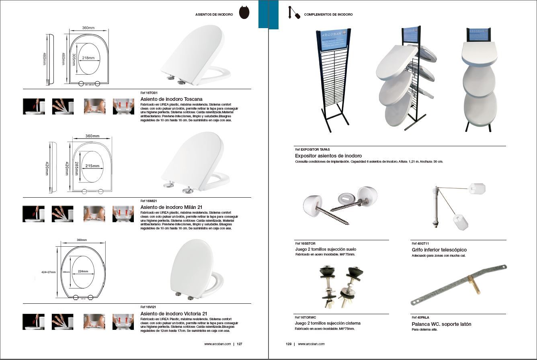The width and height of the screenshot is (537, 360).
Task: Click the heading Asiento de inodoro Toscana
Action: coord(171,99)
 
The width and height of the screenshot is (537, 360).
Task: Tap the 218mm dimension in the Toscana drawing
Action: coord(88,58)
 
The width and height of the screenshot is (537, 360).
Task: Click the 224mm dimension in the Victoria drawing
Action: coord(83,271)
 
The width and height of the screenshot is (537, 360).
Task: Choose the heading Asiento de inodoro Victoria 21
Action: coord(174,313)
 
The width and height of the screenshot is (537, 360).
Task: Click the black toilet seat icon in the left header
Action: coord(244,12)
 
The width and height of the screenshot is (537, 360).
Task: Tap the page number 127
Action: coord(239,344)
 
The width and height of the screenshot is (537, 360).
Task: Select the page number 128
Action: coord(288,344)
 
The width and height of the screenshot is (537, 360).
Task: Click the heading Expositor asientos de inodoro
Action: coord(328,155)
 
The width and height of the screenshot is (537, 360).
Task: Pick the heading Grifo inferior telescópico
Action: coord(439,250)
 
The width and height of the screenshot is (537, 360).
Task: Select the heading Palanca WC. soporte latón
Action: coord(441,324)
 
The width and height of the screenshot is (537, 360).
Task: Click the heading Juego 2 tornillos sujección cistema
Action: coord(327,323)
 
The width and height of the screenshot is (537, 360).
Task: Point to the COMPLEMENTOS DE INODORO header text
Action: coord(328,14)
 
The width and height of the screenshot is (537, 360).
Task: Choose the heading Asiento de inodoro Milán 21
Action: coord(171,207)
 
